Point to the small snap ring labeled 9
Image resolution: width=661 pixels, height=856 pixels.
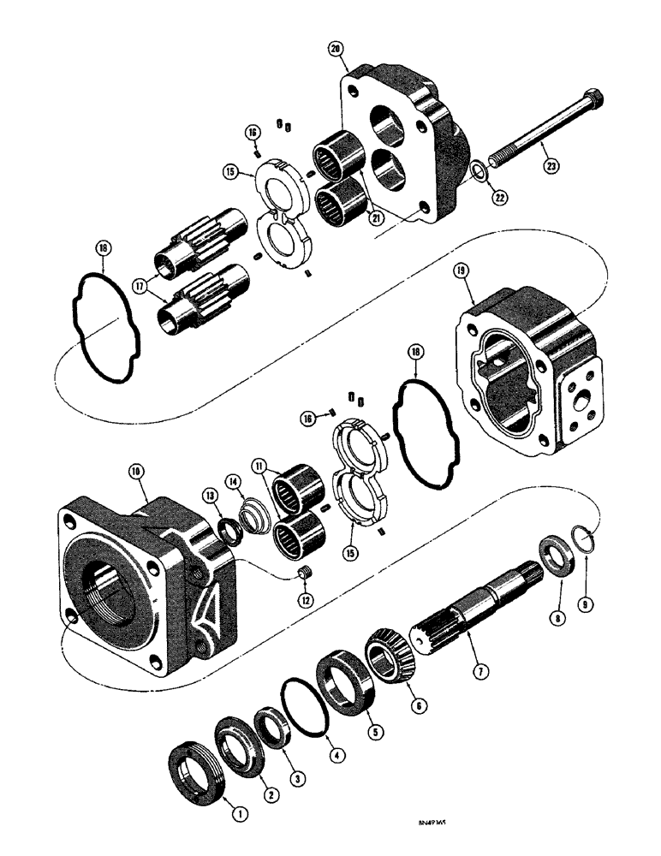pyautogui.click(x=582, y=541)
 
